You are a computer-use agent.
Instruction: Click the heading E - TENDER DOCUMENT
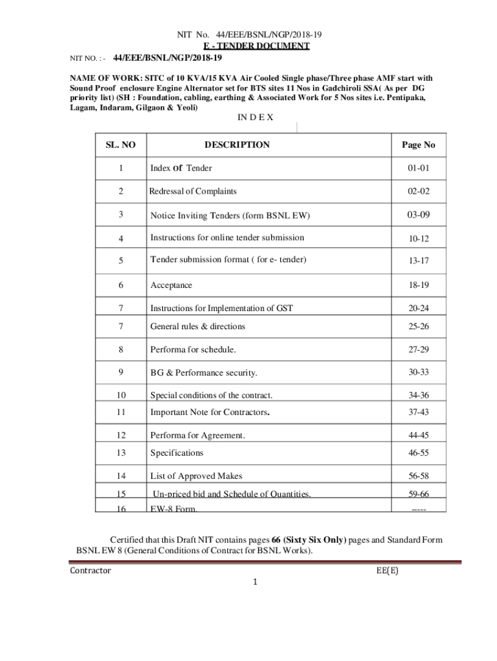pos(257,46)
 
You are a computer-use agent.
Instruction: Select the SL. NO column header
pos(121,145)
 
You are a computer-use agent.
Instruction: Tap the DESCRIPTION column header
pos(237,145)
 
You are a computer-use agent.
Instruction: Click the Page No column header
pos(418,145)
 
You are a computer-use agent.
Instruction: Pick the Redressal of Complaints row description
pos(193,191)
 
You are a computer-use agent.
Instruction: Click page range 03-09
pos(418,214)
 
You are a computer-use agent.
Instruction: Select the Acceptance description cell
pos(171,285)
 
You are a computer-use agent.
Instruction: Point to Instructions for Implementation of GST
pos(221,308)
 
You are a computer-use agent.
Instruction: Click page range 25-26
pos(418,327)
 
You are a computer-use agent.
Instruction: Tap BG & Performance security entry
pos(203,373)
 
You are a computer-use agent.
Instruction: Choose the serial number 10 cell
pos(121,395)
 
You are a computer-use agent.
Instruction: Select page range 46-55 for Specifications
pos(418,453)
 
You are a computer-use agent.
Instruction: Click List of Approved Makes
pos(196,476)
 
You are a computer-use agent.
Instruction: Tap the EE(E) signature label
pos(387,571)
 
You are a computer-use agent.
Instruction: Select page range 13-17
pos(418,261)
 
